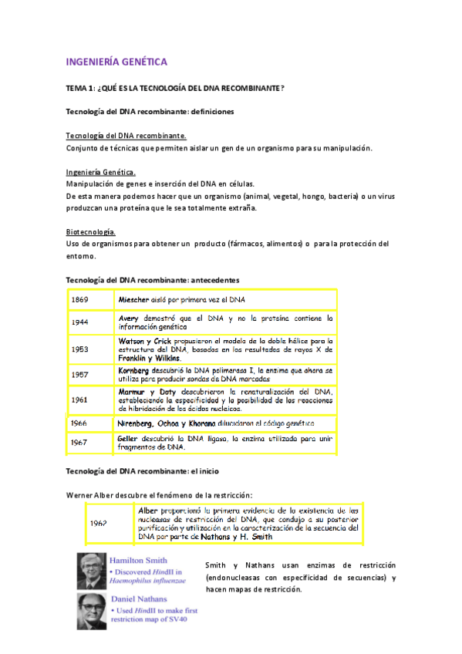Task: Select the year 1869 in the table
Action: pos(79,299)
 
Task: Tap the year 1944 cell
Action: pos(79,322)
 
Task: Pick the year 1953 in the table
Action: pos(79,349)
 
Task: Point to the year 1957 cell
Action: pos(79,375)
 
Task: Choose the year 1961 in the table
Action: pos(79,400)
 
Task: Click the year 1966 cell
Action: pos(79,423)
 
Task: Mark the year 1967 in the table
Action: pos(79,443)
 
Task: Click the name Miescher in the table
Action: pos(133,299)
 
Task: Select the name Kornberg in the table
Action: pos(136,370)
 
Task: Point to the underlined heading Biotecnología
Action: pos(91,232)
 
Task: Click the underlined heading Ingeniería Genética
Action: pos(100,173)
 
